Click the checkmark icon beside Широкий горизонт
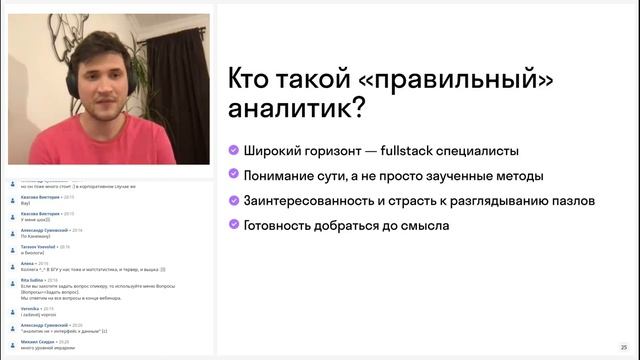[x=233, y=151]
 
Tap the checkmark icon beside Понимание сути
[x=233, y=176]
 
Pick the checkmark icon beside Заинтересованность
[x=233, y=200]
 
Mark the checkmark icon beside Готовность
[x=233, y=225]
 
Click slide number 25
[x=624, y=346]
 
